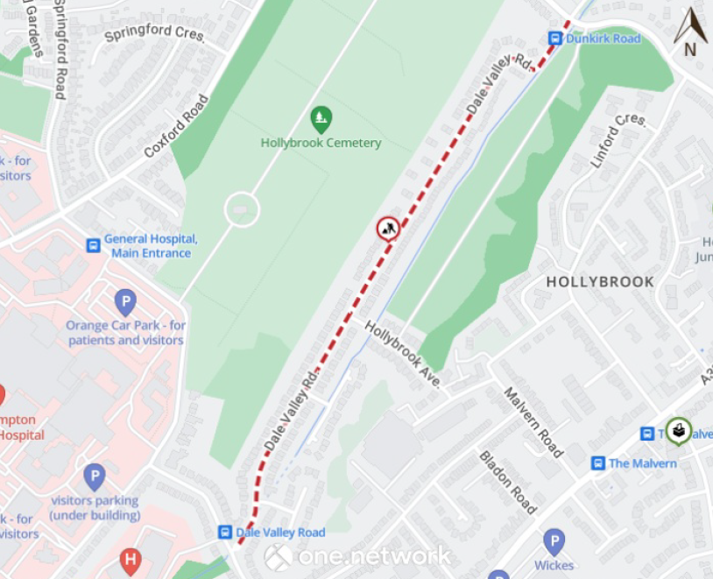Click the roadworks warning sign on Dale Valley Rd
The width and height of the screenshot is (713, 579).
point(388,229)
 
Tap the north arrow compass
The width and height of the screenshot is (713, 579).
point(690,32)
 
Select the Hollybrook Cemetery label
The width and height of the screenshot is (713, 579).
point(321,143)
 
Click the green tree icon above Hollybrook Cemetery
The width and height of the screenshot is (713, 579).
point(321,117)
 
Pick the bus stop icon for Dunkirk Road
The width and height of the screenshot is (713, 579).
point(554,39)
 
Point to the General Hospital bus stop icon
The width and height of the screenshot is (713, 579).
point(93,245)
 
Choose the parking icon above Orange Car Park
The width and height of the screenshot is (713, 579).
point(125,303)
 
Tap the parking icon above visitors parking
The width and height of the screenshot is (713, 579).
point(94,477)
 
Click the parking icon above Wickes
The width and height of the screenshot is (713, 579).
point(553,542)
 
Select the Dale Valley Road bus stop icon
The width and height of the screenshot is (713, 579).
point(225,532)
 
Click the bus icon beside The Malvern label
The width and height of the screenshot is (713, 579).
point(597,463)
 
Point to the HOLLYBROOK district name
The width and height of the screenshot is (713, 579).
point(600,282)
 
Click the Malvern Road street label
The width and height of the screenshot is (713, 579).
point(533,420)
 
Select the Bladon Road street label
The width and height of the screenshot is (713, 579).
point(507,482)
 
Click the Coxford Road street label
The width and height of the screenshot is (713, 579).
point(177,125)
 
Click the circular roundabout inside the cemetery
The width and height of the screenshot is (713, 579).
point(242,209)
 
